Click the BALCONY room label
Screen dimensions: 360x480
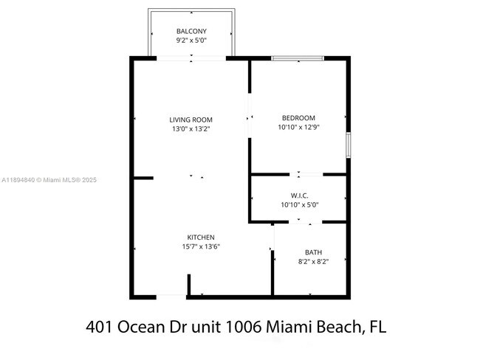(191, 31)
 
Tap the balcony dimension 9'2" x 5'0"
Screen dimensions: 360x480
(191, 41)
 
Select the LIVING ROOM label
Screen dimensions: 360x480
(191, 120)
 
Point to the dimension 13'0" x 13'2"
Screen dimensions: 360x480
(191, 129)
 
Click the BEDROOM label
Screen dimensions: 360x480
(298, 118)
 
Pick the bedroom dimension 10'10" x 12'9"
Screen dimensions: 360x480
(298, 128)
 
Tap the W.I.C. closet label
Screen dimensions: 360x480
(298, 195)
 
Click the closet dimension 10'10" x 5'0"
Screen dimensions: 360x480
(298, 204)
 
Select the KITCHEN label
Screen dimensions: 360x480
(201, 237)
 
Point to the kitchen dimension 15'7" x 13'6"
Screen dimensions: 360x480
(201, 246)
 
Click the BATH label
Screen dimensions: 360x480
(313, 252)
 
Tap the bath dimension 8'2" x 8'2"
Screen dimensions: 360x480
(313, 262)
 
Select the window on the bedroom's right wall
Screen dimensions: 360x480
(348, 145)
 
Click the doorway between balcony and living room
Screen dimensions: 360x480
(191, 58)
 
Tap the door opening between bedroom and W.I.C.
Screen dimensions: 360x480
(298, 175)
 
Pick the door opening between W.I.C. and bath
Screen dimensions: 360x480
(298, 221)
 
